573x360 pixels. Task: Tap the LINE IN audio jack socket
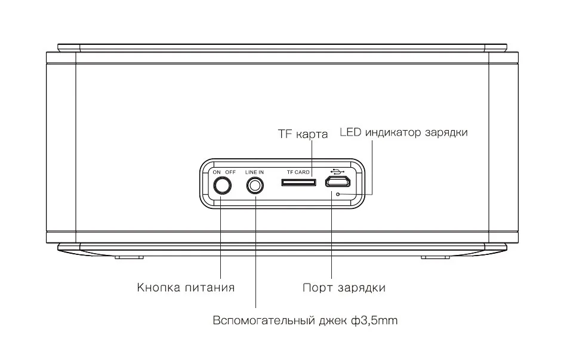point(255,186)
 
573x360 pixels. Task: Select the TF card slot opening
point(299,181)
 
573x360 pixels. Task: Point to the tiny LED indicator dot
point(338,194)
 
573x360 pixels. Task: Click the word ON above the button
point(217,172)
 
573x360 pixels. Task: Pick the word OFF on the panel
point(230,172)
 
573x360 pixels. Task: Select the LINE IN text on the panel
point(254,172)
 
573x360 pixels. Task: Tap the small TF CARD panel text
point(298,172)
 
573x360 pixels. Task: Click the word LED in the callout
point(350,133)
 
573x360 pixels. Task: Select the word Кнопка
point(157,287)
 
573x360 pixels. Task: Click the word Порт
point(316,287)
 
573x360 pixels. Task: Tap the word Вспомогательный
point(263,321)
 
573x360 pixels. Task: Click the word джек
point(331,321)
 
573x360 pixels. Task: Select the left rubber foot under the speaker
point(129,257)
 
